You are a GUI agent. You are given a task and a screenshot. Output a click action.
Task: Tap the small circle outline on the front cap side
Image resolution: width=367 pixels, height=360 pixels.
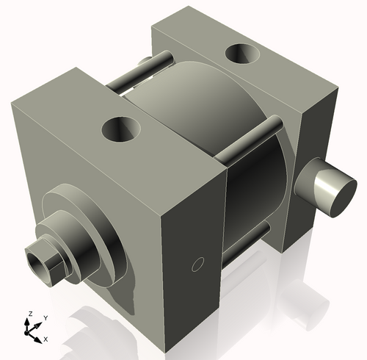click(196, 264)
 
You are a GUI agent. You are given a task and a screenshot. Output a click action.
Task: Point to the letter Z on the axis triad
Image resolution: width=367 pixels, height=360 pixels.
click(29, 314)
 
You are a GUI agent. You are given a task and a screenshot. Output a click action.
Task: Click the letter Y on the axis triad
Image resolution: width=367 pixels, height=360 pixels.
click(45, 317)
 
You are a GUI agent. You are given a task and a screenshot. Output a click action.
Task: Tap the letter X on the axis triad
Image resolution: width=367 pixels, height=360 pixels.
click(46, 339)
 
